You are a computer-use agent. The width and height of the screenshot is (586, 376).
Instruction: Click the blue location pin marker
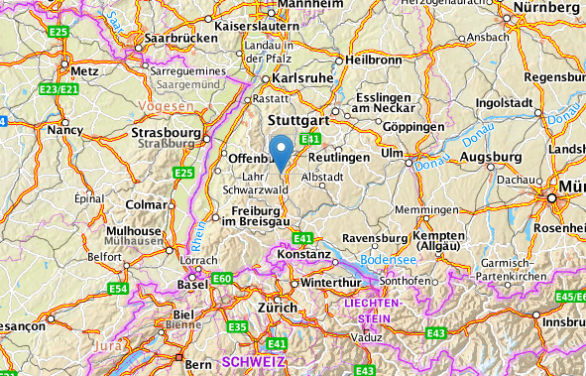pos(281,152)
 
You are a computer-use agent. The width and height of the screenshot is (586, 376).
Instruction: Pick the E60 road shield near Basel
pos(221,280)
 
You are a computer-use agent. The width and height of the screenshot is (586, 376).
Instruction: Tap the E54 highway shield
pos(119,289)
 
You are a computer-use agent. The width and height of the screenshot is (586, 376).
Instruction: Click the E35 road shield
pos(237,326)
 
